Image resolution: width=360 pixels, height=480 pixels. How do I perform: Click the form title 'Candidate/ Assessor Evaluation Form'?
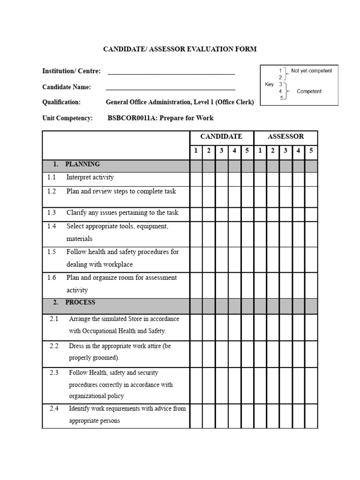180,49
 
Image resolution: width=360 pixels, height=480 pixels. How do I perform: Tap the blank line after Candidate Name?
171,88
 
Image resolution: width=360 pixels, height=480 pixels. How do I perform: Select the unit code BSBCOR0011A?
132,118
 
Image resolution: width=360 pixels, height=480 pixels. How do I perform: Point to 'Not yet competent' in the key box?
311,71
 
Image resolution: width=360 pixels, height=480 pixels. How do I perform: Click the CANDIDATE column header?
221,137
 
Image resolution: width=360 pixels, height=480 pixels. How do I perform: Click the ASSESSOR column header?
285,137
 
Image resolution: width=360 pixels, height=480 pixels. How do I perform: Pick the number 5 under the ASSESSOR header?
311,151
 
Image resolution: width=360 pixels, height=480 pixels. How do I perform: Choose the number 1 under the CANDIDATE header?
196,151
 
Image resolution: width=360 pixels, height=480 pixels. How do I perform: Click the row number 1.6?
52,278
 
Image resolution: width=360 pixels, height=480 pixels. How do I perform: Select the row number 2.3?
54,373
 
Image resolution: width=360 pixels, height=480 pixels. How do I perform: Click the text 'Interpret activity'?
90,178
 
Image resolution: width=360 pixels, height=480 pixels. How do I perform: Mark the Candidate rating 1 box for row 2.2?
196,353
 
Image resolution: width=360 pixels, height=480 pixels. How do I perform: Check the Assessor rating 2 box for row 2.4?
273,415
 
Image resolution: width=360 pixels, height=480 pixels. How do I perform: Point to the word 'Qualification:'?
61,103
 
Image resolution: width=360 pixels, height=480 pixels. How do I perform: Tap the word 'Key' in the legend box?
269,85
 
